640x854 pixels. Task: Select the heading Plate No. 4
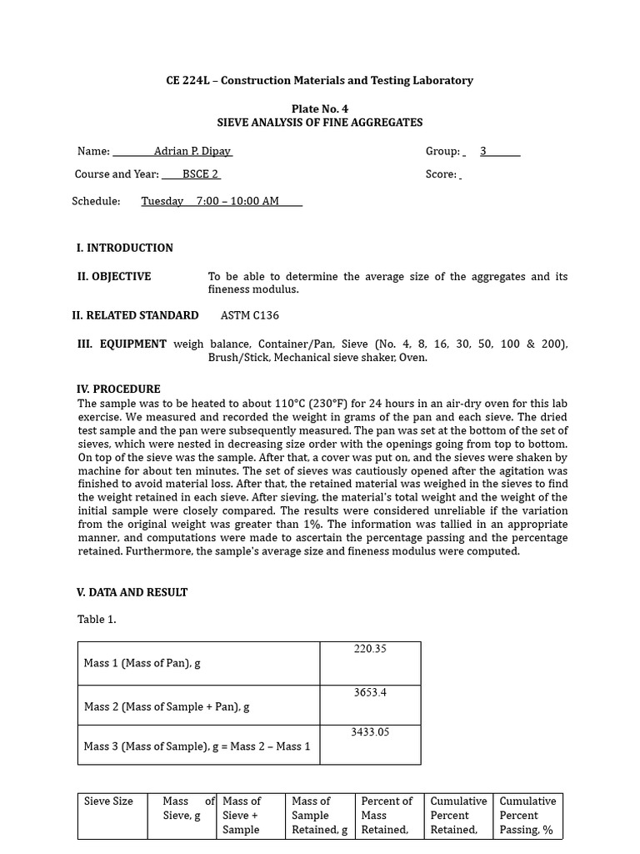[319, 109]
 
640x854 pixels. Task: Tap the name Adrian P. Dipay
[192, 152]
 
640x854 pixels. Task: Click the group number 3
[483, 152]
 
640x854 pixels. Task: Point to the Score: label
[441, 174]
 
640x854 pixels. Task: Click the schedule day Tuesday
[162, 202]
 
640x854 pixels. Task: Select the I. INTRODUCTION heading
[125, 248]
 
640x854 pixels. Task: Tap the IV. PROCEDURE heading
[118, 389]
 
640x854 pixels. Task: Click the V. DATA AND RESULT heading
[132, 592]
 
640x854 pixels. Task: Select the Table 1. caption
[97, 620]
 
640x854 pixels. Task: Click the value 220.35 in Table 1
[370, 649]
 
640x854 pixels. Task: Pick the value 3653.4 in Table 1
[370, 692]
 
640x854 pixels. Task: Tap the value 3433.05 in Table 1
[370, 732]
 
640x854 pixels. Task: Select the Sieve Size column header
[108, 801]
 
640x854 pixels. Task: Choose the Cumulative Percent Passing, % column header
[527, 815]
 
